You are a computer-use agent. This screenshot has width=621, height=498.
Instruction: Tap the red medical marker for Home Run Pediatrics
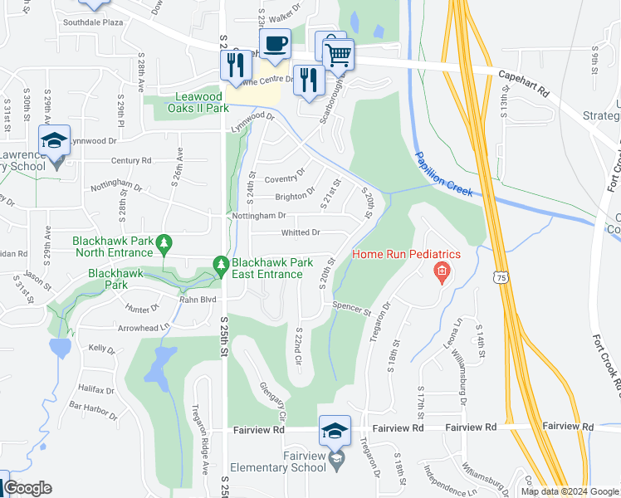[442, 271]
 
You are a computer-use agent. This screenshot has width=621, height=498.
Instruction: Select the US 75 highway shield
[499, 281]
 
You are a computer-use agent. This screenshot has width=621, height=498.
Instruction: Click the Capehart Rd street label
[525, 85]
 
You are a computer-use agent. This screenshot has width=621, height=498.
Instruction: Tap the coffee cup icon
[274, 42]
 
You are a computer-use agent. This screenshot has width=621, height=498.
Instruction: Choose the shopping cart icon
[338, 56]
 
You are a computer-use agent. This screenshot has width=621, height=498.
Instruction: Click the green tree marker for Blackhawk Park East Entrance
[221, 264]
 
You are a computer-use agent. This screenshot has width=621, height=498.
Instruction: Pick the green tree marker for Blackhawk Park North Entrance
[165, 243]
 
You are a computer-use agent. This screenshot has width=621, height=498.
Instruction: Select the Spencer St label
[350, 309]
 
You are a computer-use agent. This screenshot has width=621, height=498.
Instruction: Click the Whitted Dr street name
[300, 232]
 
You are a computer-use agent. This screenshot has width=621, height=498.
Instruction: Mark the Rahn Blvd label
[198, 300]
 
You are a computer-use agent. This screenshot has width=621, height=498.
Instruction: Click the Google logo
[27, 489]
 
